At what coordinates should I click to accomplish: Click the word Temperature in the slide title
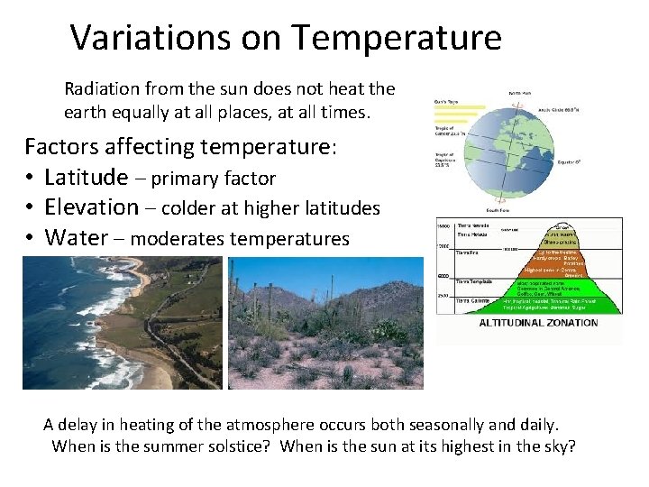click(x=396, y=38)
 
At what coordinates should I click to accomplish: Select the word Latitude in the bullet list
click(x=87, y=177)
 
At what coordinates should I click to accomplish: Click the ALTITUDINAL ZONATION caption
click(x=538, y=323)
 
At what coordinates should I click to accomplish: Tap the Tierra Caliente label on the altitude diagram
click(x=474, y=300)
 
